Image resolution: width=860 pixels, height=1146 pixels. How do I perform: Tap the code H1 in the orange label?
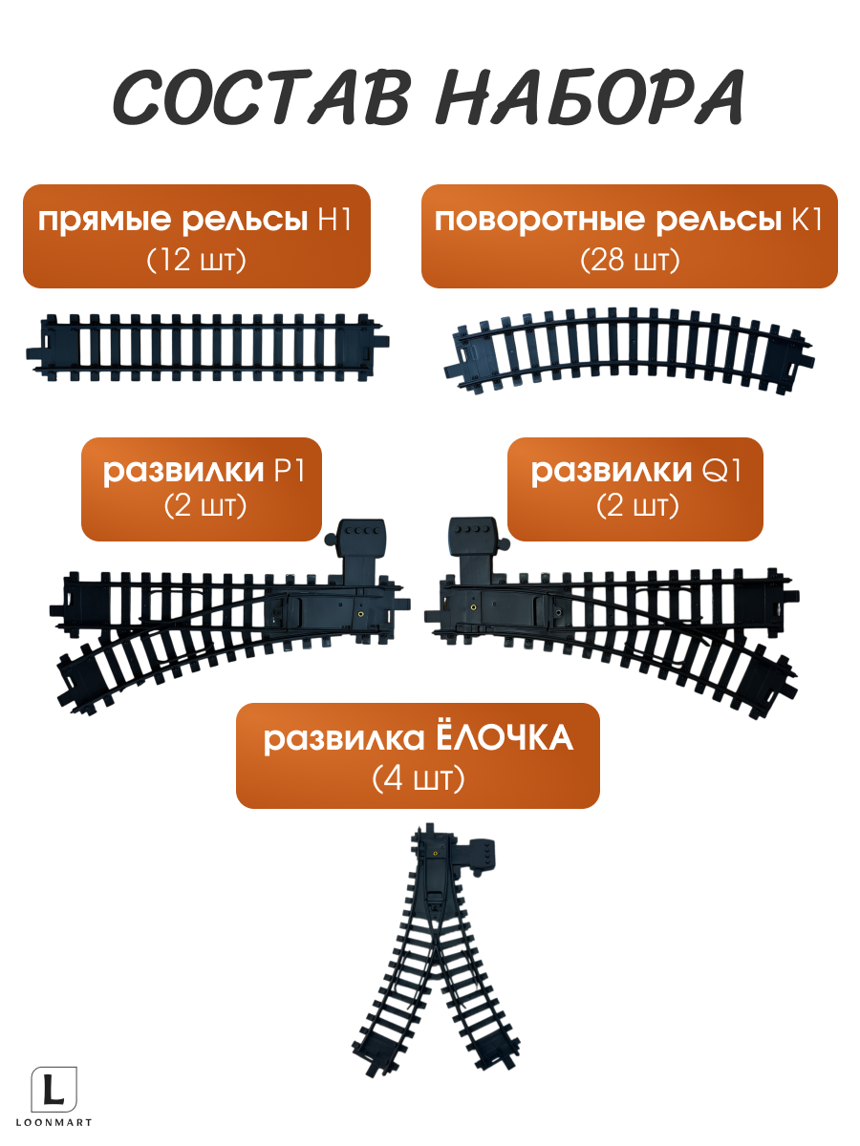coord(334,222)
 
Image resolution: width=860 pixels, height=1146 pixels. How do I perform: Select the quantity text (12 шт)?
coord(197,259)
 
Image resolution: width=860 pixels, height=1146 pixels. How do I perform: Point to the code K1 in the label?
coord(805,222)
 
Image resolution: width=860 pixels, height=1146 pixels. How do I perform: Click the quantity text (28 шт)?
coord(630,259)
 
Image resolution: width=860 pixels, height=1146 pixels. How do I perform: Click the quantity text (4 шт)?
coord(418,779)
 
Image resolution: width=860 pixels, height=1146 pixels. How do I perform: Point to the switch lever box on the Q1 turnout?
coord(474,541)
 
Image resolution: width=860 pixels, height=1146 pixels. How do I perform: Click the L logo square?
coord(55,1090)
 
